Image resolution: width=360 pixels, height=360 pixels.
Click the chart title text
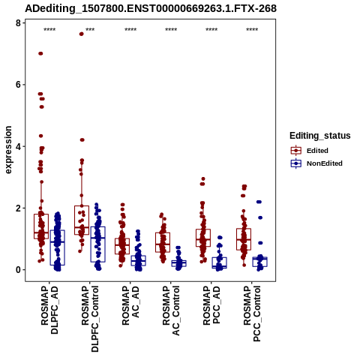[x=151, y=9]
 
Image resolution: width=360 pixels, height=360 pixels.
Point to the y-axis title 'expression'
[x=8, y=150]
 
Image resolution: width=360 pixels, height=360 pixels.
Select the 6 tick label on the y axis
[x=18, y=85]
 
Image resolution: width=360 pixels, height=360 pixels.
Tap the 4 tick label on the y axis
[x=18, y=146]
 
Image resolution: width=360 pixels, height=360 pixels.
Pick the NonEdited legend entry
[x=316, y=163]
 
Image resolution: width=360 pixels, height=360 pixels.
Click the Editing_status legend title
[x=320, y=136]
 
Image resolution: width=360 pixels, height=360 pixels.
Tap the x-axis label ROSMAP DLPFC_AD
[x=49, y=310]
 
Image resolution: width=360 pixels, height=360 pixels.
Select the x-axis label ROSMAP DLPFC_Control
[x=90, y=319]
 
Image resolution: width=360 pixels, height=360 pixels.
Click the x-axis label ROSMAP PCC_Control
[x=252, y=313]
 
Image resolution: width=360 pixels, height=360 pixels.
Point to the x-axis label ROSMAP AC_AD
[x=130, y=305]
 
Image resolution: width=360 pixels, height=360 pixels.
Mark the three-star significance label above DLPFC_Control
[x=90, y=30]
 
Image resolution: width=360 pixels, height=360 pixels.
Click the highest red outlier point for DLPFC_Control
[x=81, y=34]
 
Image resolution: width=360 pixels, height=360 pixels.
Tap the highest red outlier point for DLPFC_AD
[x=40, y=53]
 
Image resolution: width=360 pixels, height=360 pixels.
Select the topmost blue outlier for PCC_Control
[x=259, y=202]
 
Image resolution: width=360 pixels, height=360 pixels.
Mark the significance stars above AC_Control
[x=171, y=30]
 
